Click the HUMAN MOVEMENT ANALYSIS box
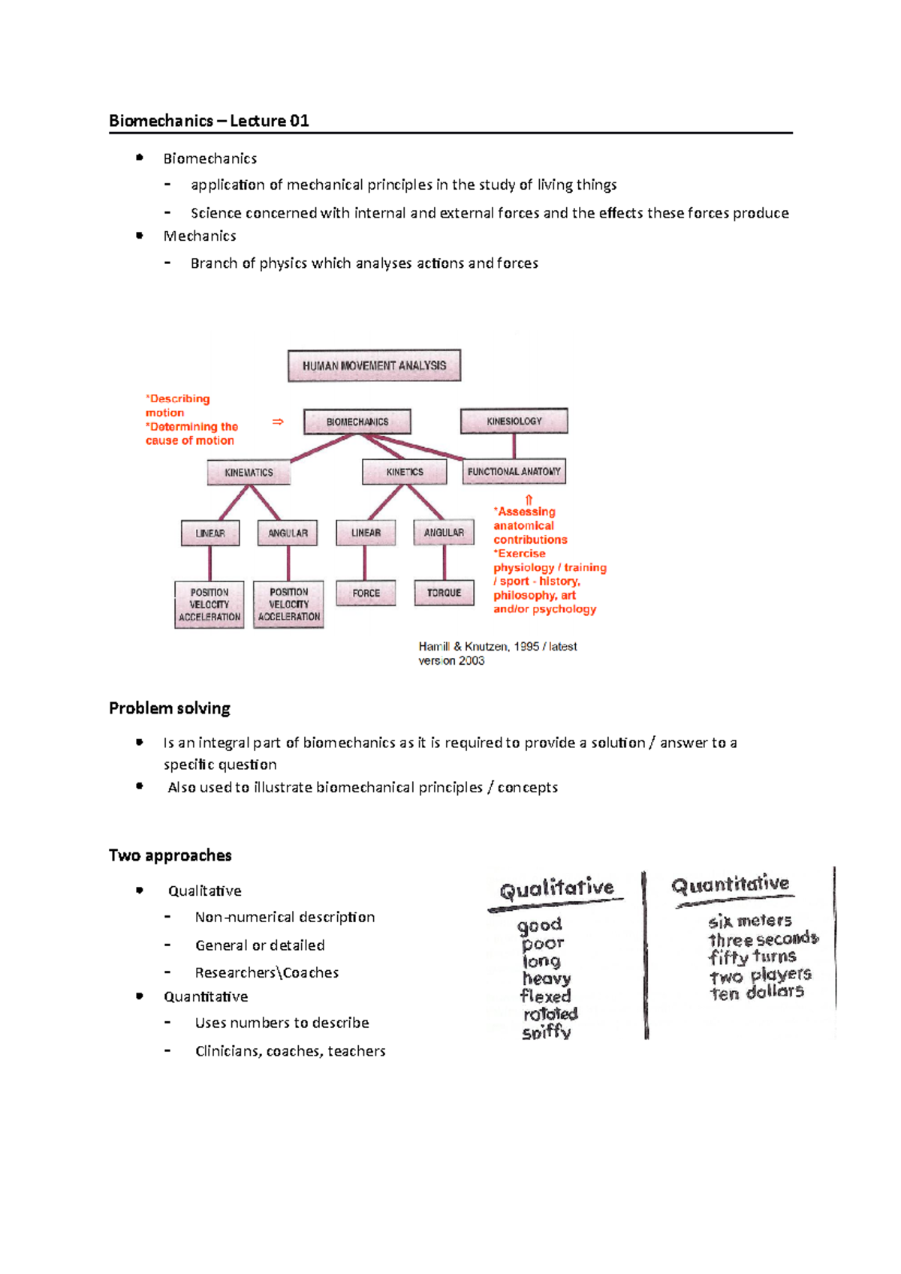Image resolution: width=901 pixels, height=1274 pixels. point(374,365)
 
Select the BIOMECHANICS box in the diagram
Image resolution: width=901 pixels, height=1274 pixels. point(357,422)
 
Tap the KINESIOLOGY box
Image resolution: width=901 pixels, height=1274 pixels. point(514,421)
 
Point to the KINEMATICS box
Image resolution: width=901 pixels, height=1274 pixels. point(249,473)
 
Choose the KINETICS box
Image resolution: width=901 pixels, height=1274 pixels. point(405,472)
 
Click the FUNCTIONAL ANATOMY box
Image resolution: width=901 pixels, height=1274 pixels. point(514,471)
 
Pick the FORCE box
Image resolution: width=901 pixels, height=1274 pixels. point(366,593)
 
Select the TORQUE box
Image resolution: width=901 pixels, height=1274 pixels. point(444,593)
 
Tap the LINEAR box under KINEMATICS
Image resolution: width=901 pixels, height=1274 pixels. point(210,533)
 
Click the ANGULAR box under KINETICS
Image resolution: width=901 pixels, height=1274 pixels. point(444,533)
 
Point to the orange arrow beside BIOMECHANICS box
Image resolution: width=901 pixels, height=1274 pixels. point(278,422)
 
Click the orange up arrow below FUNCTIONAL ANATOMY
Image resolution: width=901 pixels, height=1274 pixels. point(529,500)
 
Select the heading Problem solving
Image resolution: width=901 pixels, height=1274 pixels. point(170,708)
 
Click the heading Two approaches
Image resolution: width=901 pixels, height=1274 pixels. point(170,855)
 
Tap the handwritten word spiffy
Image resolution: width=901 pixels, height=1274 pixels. point(547,1032)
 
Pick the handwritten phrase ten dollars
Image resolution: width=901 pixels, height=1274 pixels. point(757,993)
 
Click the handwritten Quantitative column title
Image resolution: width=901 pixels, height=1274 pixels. point(731,885)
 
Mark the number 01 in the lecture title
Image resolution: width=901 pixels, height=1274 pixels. point(300,121)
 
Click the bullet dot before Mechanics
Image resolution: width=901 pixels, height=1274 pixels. point(140,236)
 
